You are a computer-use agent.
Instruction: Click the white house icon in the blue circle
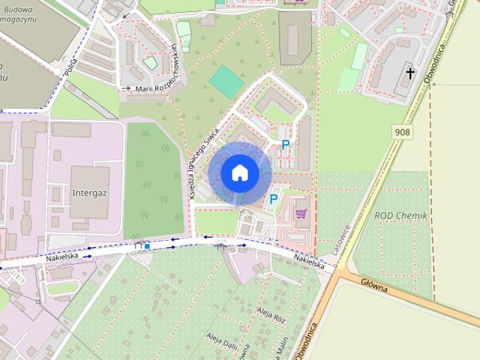pyautogui.click(x=239, y=172)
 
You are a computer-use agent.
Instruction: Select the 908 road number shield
pyautogui.click(x=403, y=130)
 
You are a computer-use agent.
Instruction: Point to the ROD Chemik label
pyautogui.click(x=400, y=215)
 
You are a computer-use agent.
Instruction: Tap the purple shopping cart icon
pyautogui.click(x=301, y=213)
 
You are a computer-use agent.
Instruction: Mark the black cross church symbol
pyautogui.click(x=409, y=73)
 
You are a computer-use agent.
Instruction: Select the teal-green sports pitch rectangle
pyautogui.click(x=226, y=81)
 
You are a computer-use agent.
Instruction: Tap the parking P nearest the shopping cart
pyautogui.click(x=274, y=199)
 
